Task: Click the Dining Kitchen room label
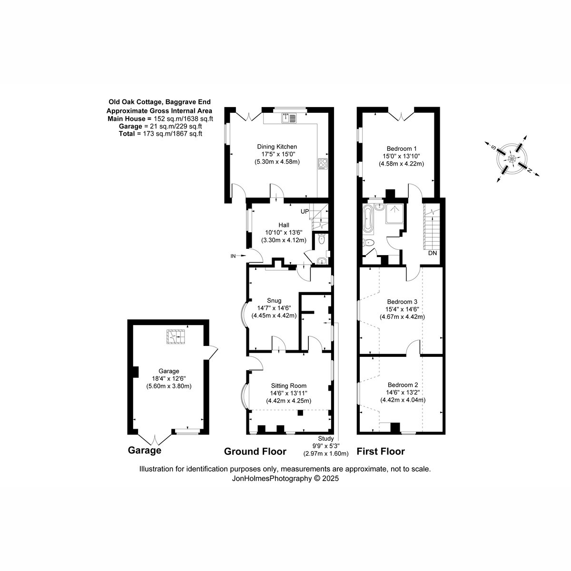[x=277, y=147]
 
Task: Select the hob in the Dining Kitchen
[x=323, y=164]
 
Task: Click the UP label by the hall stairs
[x=305, y=212]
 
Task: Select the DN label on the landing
[x=433, y=253]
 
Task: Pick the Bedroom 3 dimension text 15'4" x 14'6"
[x=402, y=309]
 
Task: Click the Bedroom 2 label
[x=403, y=384]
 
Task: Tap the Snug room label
[x=274, y=300]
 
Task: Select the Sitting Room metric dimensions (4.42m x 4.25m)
[x=289, y=401]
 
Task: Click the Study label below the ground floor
[x=326, y=438]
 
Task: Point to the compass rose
[x=512, y=158]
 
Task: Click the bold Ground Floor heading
[x=255, y=451]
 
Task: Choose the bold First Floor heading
[x=381, y=451]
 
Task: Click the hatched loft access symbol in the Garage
[x=176, y=336]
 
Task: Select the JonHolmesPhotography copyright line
[x=285, y=478]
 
